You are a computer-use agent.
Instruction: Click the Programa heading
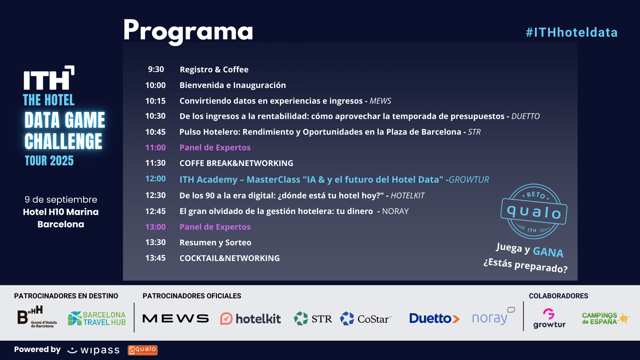[188, 31]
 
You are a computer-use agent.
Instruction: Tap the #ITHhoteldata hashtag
[572, 32]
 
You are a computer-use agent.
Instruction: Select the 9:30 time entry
[156, 69]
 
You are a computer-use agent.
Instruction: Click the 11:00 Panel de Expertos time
[155, 147]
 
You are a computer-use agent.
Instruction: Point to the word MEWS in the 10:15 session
[380, 101]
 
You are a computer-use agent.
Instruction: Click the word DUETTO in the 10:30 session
[525, 116]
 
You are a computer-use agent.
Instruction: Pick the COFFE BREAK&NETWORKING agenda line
[236, 163]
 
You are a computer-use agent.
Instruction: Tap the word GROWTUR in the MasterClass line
[469, 179]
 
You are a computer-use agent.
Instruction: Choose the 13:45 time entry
[155, 258]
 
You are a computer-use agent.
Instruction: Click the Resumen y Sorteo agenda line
[215, 242]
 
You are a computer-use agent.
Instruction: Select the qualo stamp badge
[534, 211]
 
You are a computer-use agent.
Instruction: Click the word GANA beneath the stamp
[548, 252]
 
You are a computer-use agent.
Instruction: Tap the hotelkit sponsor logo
[251, 319]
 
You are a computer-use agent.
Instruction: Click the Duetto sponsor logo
[434, 318]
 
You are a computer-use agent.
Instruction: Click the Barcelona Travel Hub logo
[97, 318]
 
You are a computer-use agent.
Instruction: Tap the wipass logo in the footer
[93, 350]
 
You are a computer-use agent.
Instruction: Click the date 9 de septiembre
[61, 200]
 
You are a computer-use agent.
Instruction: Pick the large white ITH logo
[49, 78]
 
